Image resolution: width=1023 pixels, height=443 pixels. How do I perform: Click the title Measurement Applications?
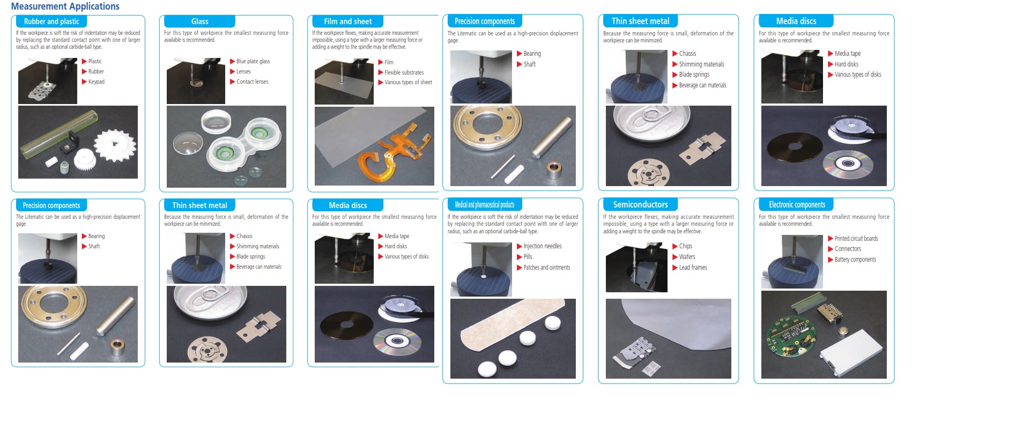click(65, 6)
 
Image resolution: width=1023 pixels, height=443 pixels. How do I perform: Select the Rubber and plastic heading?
click(51, 21)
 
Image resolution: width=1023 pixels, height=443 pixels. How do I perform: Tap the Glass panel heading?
click(199, 21)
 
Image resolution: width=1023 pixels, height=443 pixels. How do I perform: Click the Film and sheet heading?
click(347, 21)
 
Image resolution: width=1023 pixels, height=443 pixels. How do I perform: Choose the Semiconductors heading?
click(640, 204)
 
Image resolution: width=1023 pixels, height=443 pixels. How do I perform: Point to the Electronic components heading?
click(797, 204)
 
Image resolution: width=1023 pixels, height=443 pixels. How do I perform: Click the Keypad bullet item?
click(96, 82)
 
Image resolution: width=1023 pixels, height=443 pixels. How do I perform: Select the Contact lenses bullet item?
click(252, 82)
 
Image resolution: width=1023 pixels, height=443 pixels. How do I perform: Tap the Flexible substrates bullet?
click(404, 72)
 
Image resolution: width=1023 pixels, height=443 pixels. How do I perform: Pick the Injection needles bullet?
click(543, 246)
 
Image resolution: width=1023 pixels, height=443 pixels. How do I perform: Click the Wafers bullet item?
click(687, 257)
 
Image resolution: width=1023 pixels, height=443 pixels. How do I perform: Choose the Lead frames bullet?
click(693, 268)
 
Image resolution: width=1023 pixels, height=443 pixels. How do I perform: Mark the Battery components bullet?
click(855, 260)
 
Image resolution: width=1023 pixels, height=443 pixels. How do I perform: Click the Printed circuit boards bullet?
click(856, 239)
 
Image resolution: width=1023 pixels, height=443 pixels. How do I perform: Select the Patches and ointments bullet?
click(546, 268)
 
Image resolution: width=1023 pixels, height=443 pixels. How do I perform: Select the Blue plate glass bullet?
click(253, 62)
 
